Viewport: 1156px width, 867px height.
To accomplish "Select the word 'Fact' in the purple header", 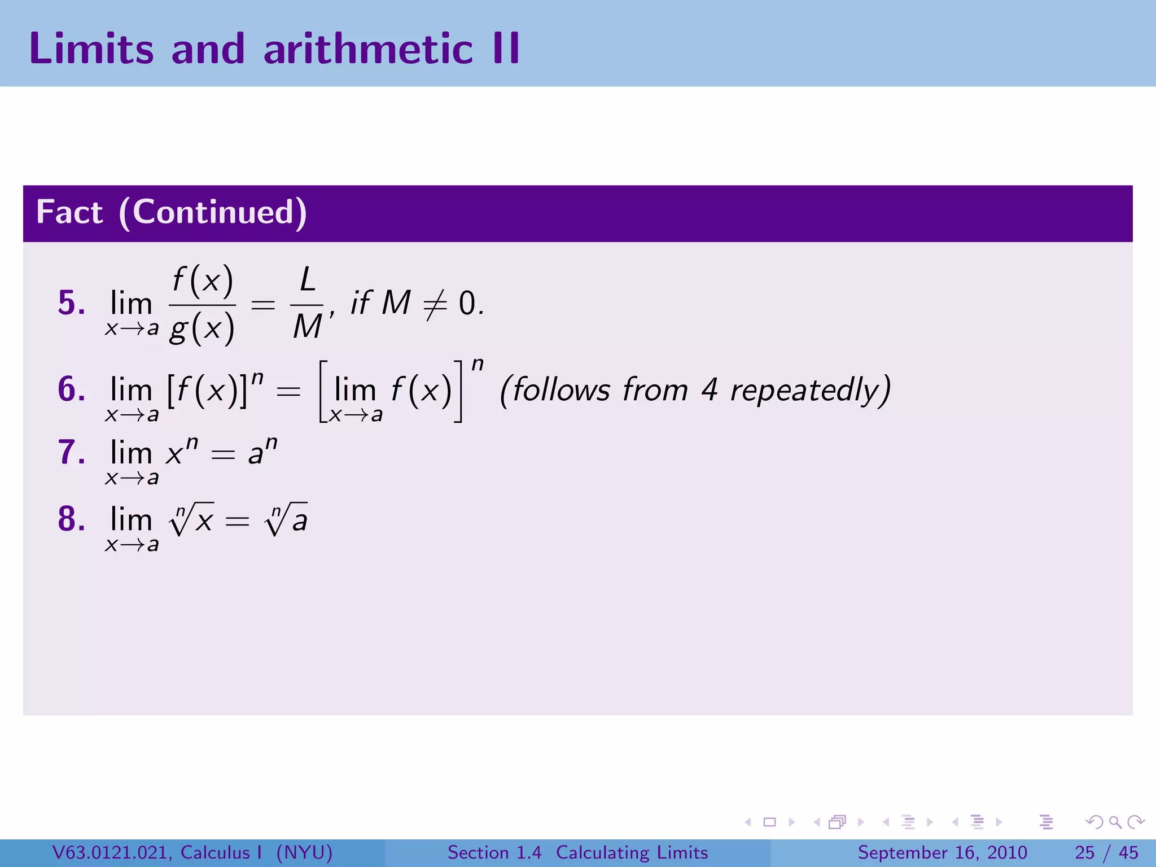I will click(69, 212).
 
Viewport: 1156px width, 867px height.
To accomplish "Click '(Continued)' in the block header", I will click(213, 213).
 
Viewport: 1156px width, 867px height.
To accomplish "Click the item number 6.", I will click(71, 389).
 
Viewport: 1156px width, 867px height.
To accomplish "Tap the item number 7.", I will click(71, 452).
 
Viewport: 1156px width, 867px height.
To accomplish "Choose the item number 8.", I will click(71, 519).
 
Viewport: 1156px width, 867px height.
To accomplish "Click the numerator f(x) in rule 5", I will click(202, 280).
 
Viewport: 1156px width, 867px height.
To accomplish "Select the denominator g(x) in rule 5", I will click(202, 329).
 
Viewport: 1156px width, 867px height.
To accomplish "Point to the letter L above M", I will click(307, 280).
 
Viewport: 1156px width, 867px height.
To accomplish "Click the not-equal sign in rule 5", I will click(435, 304).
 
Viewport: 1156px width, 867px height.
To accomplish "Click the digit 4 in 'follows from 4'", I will click(709, 389).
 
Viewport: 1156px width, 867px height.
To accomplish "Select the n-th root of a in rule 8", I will click(286, 519).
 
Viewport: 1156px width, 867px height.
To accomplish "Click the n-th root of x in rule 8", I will click(191, 519).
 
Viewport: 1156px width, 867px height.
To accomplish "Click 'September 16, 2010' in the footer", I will click(942, 852).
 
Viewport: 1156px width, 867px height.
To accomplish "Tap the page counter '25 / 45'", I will click(1106, 852).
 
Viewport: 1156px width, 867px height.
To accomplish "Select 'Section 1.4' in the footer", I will click(494, 852).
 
